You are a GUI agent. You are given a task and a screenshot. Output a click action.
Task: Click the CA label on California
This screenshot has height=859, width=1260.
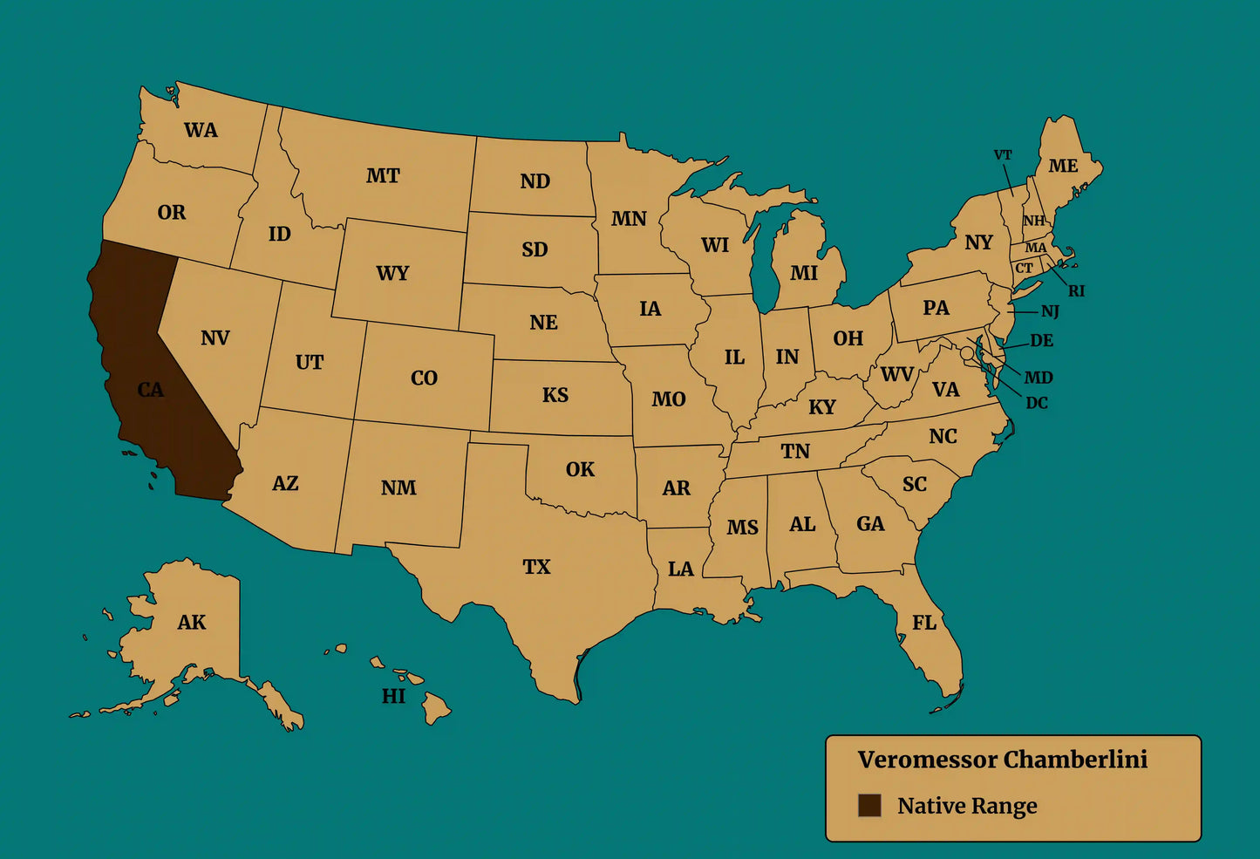point(151,390)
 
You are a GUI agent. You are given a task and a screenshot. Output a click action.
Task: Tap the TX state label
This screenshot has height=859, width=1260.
point(536,567)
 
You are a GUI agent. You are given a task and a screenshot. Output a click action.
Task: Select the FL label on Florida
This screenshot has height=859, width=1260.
point(924,623)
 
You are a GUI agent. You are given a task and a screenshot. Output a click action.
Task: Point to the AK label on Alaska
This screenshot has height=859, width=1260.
point(192,623)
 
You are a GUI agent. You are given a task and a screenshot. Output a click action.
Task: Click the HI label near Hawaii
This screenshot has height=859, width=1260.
point(393,696)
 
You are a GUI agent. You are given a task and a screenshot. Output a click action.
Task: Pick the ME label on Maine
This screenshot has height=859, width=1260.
point(1063,166)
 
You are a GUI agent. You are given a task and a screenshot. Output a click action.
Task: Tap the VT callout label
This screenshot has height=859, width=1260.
point(1003,155)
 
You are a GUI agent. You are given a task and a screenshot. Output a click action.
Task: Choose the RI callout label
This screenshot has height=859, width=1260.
point(1077,291)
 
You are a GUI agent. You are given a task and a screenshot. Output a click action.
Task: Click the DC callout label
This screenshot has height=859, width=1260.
point(1037,403)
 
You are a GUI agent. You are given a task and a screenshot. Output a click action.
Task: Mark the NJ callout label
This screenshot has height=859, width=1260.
point(1050,311)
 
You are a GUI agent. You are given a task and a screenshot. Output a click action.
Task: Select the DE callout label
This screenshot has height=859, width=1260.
point(1042,341)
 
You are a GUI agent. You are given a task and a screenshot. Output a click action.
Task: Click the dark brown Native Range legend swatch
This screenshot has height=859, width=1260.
point(869,806)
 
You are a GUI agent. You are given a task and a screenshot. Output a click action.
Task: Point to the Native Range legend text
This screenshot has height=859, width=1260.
point(967,806)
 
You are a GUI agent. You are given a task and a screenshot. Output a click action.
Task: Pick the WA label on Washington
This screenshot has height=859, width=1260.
point(201,131)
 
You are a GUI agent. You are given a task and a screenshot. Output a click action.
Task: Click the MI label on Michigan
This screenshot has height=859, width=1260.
point(804,273)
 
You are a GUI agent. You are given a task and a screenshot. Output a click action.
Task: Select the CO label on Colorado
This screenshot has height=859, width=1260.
point(424,378)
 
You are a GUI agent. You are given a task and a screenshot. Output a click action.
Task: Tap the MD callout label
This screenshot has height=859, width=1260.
point(1039,378)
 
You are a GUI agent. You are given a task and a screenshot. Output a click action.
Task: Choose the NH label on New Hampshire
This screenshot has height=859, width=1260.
point(1034,221)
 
